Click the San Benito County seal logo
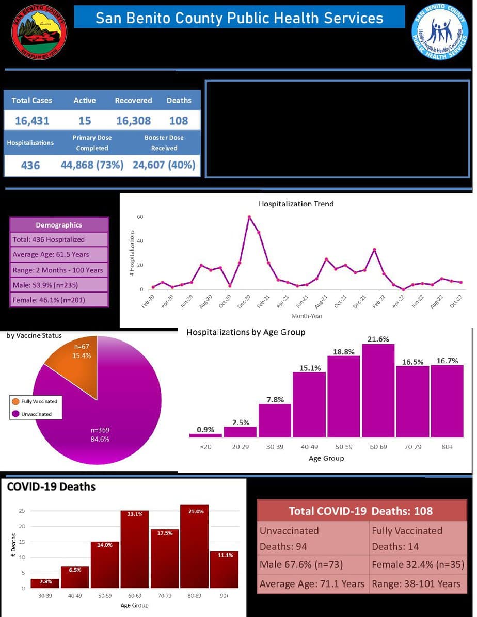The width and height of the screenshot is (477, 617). point(39,32)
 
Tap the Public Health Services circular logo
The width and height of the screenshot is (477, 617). point(439,31)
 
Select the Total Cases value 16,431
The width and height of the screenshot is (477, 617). point(32,121)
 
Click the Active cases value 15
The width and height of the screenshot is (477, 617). point(85,121)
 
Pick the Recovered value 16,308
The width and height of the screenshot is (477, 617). point(133,121)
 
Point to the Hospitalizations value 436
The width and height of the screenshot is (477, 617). point(30,166)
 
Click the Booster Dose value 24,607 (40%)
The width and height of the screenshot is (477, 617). point(164,165)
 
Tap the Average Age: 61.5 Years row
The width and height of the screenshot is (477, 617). point(59,254)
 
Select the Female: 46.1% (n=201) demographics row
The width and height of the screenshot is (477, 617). point(59,300)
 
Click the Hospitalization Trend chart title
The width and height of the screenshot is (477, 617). point(296,204)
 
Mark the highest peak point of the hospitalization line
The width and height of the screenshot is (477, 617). point(249,217)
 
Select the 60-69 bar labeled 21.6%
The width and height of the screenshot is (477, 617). point(378,390)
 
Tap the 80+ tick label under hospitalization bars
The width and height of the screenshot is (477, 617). point(447,447)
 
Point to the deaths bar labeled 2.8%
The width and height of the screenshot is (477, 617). point(44,583)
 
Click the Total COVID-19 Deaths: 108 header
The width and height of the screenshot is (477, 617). point(361,511)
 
